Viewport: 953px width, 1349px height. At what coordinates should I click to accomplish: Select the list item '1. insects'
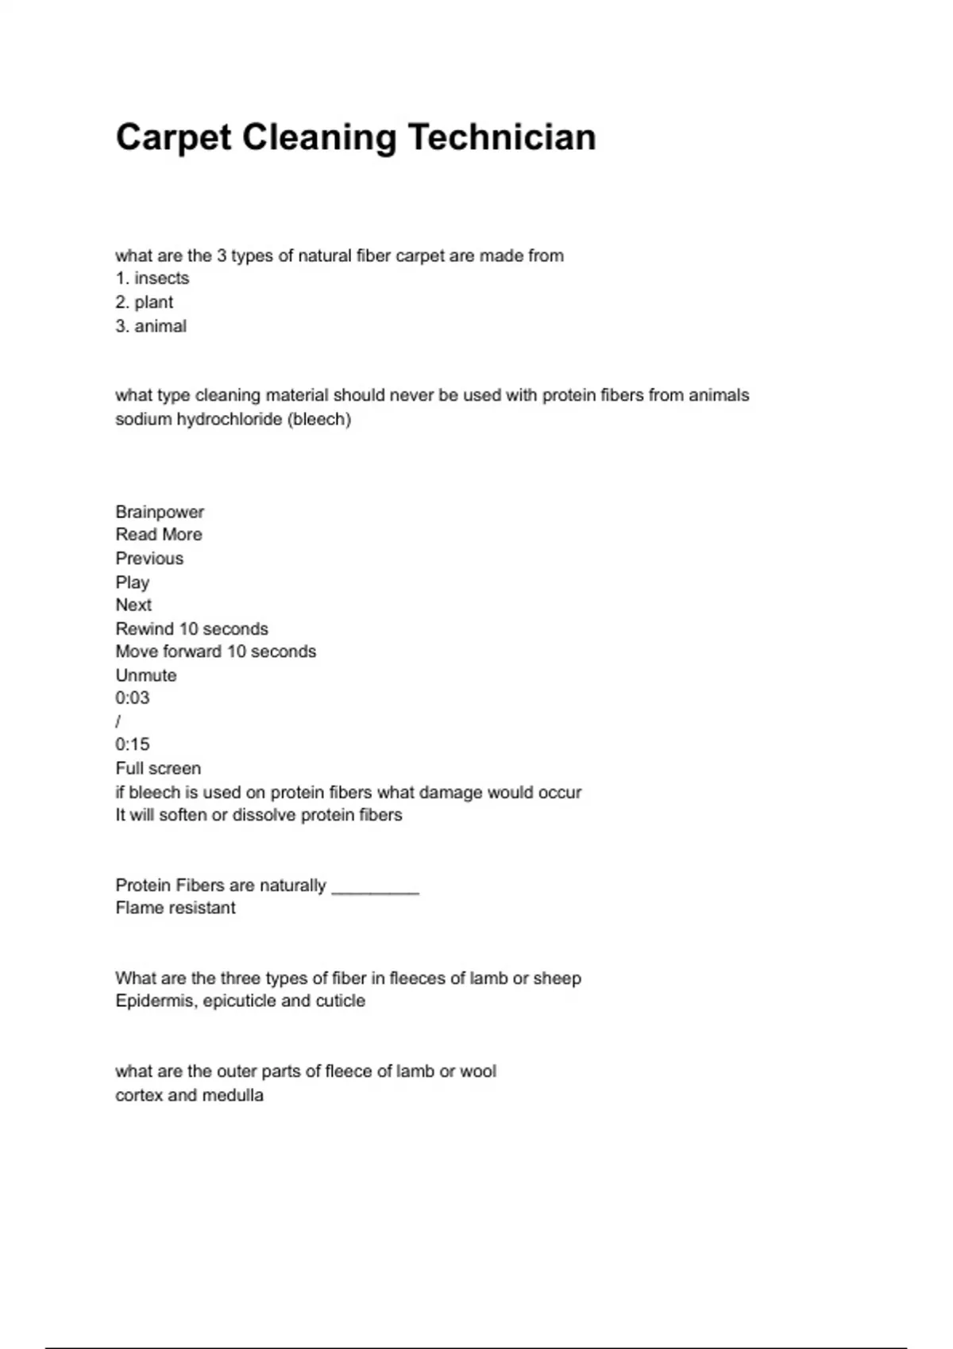(152, 279)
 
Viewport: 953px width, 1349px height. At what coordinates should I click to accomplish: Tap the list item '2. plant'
(144, 302)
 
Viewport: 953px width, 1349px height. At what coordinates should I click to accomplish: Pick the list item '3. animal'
(151, 326)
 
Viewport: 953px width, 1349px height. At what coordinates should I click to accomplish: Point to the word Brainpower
(160, 512)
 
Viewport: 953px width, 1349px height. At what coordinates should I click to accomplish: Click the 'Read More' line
(159, 535)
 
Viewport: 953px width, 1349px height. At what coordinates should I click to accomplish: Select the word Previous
(149, 559)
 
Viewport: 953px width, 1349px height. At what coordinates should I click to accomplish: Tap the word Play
(133, 582)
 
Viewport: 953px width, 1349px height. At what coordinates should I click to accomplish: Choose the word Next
(133, 605)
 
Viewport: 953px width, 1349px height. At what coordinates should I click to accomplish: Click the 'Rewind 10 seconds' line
(191, 629)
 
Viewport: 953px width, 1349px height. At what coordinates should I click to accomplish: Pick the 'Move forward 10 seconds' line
(215, 651)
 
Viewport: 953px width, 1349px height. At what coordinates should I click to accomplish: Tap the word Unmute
(146, 675)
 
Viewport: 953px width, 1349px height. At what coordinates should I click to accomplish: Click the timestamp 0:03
(133, 698)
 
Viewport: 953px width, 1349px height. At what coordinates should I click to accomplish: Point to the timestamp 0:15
(133, 744)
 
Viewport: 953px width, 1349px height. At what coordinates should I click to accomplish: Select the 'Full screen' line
(158, 768)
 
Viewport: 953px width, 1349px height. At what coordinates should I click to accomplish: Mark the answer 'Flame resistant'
(176, 908)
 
